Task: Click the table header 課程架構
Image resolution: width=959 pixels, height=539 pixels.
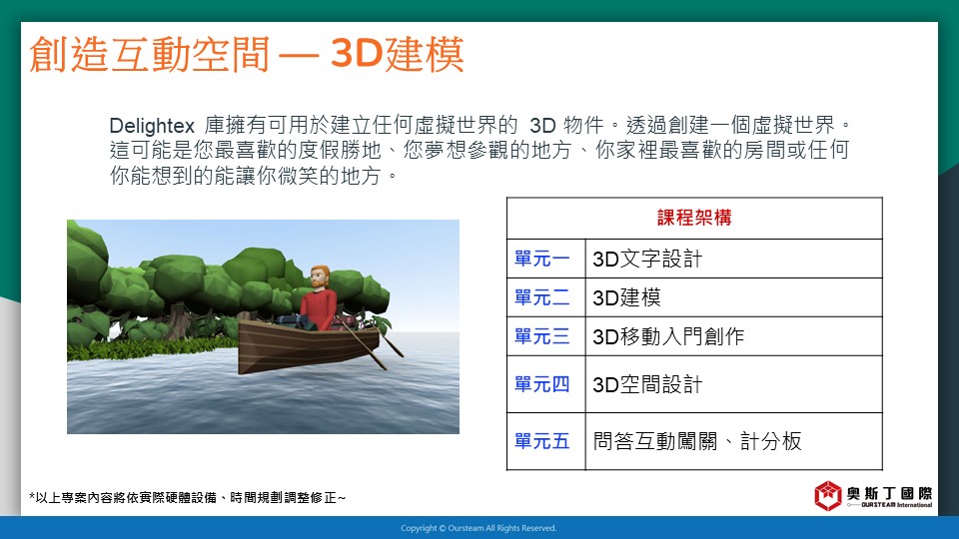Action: point(694,218)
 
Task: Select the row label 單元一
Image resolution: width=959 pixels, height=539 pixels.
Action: point(541,259)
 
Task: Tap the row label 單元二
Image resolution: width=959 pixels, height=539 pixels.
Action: point(541,297)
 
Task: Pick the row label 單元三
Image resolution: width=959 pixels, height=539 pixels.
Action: point(541,336)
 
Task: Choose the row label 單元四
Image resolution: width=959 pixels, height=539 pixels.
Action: point(541,384)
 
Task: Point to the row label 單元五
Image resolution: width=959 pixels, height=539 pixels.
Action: point(541,441)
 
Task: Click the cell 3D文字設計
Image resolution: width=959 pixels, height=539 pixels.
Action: point(647,260)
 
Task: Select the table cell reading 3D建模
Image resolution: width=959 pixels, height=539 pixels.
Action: point(626,297)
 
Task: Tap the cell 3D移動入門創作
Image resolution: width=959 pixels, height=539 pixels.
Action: point(668,336)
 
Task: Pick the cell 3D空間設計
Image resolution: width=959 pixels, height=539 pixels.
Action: point(647,385)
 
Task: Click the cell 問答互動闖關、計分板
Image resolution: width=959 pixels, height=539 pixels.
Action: point(697,441)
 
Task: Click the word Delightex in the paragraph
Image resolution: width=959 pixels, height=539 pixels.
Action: point(152,126)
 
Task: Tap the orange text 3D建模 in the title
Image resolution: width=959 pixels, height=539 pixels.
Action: point(397,54)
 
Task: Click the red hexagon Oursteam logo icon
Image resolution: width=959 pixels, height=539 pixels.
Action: point(828,495)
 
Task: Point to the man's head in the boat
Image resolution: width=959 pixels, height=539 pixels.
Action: point(320,277)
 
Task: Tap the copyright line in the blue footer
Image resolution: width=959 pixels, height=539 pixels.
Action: point(479,528)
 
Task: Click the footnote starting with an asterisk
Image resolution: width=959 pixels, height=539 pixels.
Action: point(187,498)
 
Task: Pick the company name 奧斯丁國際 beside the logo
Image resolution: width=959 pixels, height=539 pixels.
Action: point(889,493)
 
